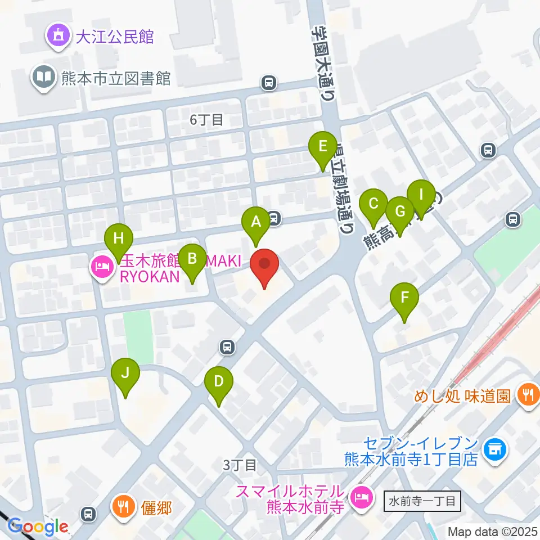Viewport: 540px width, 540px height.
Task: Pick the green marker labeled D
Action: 218,382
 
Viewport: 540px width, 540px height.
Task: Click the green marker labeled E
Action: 322,147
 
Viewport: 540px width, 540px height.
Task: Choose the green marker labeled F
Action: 404,298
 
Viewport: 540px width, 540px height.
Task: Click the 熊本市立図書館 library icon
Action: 43,76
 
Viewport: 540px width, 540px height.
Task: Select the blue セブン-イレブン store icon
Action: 495,449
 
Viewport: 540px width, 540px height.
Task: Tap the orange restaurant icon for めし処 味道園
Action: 527,395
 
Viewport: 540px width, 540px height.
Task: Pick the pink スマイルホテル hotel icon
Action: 359,496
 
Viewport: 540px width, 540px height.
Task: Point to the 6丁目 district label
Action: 207,119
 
